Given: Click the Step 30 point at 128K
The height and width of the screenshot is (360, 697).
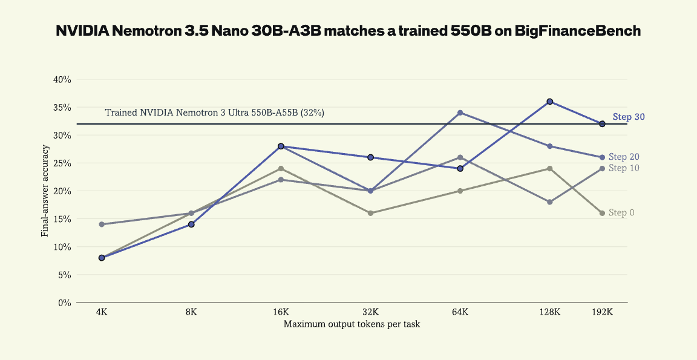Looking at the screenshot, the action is point(550,102).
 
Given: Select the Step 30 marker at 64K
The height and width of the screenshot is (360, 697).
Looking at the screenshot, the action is point(460,168).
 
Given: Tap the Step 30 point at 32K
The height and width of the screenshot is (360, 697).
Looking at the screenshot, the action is point(370,157).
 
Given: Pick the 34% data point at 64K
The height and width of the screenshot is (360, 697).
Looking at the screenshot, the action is point(460,113).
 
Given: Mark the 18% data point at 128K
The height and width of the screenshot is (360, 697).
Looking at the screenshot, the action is point(550,201).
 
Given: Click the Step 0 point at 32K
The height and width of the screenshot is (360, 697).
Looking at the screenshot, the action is point(370,213).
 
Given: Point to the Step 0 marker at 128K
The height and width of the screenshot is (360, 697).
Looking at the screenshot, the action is point(550,168).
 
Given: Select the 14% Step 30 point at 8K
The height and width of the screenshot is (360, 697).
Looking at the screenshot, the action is point(191,224).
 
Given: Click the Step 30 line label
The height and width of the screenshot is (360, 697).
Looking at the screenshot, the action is point(629,117).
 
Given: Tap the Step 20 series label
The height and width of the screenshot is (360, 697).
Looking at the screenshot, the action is point(624,157).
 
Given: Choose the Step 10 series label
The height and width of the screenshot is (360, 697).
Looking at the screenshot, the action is point(624,168).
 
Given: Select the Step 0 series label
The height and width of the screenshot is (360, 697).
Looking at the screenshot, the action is point(621,213).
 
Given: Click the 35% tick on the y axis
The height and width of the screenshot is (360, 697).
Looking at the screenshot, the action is point(62,108).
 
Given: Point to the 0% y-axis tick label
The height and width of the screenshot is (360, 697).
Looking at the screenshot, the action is point(65,303).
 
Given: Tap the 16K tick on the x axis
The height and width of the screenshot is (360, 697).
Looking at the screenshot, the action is point(281,312).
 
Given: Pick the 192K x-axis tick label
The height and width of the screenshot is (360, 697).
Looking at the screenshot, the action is point(603,312).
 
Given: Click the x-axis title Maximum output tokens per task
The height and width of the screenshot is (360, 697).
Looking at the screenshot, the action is point(352,324).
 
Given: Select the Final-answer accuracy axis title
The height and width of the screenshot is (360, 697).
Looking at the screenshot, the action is point(45,191).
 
